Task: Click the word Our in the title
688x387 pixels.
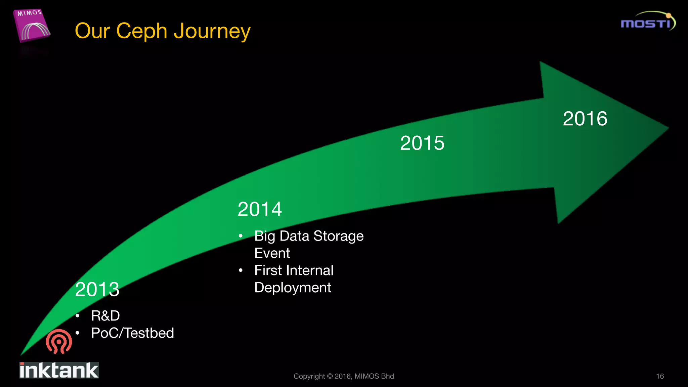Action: (92, 31)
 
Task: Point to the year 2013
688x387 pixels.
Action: (97, 289)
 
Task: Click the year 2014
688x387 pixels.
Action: (260, 209)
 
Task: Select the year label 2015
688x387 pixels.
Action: (422, 143)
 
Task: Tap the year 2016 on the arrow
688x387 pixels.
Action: (585, 119)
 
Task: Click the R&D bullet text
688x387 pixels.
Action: (105, 316)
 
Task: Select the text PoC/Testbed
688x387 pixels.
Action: (132, 333)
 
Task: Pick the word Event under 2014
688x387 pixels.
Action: (272, 253)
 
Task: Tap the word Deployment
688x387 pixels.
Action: (293, 288)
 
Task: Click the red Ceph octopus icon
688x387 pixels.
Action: (59, 341)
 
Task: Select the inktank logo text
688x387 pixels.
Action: (59, 370)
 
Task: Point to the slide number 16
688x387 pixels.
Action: (660, 376)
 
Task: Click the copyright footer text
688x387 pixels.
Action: (344, 376)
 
